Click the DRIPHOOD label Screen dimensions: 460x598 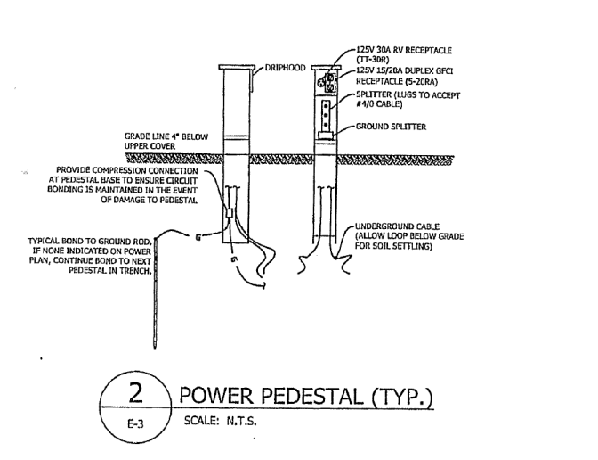click(285, 67)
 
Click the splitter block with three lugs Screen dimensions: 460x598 click(326, 111)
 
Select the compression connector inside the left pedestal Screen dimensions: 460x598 click(230, 214)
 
